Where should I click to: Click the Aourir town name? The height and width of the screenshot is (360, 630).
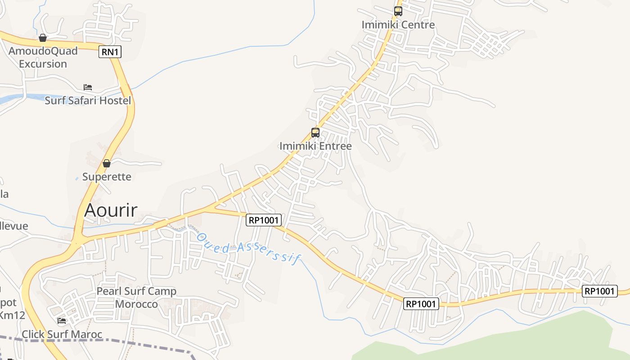coord(111,210)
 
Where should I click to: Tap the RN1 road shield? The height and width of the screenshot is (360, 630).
coord(110,52)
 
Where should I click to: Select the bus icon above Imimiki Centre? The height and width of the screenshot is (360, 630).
coord(398,11)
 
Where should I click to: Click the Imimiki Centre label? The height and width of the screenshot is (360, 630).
coord(398,24)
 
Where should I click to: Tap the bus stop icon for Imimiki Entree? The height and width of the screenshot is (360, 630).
coord(315,133)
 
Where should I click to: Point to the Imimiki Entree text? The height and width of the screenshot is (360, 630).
coord(315,146)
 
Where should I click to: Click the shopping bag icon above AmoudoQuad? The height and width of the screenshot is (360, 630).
coord(43,38)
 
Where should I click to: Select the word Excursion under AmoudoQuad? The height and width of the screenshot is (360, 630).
coord(43,64)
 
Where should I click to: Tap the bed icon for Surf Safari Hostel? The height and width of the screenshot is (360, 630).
coord(88,87)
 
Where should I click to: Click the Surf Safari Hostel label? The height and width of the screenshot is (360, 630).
coord(88,100)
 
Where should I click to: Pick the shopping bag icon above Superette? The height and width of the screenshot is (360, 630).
coord(107,163)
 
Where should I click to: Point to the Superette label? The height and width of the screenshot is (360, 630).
coord(107,176)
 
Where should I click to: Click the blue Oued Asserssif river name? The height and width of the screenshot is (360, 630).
coord(248,247)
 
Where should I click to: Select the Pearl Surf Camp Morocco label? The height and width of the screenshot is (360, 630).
coord(136,297)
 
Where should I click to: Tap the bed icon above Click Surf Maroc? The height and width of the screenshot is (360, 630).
coord(62,321)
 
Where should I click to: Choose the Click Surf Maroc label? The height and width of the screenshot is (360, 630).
coord(62,334)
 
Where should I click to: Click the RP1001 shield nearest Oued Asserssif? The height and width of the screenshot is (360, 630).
coord(264,220)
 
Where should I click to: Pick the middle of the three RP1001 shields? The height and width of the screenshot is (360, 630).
coord(421,304)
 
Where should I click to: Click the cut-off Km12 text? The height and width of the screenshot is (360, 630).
coord(12,315)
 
